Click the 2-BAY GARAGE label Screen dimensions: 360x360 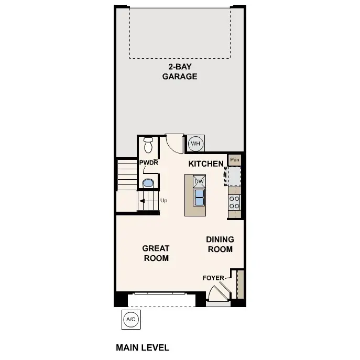click(x=179, y=71)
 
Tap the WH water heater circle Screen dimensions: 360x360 click(x=195, y=143)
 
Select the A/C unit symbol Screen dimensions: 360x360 click(x=130, y=319)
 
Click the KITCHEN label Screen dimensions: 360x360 click(x=206, y=163)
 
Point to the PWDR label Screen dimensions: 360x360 click(x=148, y=163)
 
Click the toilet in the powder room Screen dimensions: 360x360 click(x=148, y=144)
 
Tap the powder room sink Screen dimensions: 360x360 click(x=148, y=183)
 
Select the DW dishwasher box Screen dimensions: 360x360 click(x=199, y=181)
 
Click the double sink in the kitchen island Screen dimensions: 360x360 click(x=199, y=197)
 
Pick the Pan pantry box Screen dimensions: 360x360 click(x=235, y=159)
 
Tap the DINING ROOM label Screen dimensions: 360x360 click(x=220, y=244)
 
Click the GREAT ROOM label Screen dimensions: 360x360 click(x=156, y=253)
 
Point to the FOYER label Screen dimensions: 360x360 click(x=213, y=278)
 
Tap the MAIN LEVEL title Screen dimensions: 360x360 click(x=142, y=347)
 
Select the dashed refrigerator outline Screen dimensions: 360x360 click(x=233, y=176)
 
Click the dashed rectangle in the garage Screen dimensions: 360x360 click(x=180, y=32)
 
